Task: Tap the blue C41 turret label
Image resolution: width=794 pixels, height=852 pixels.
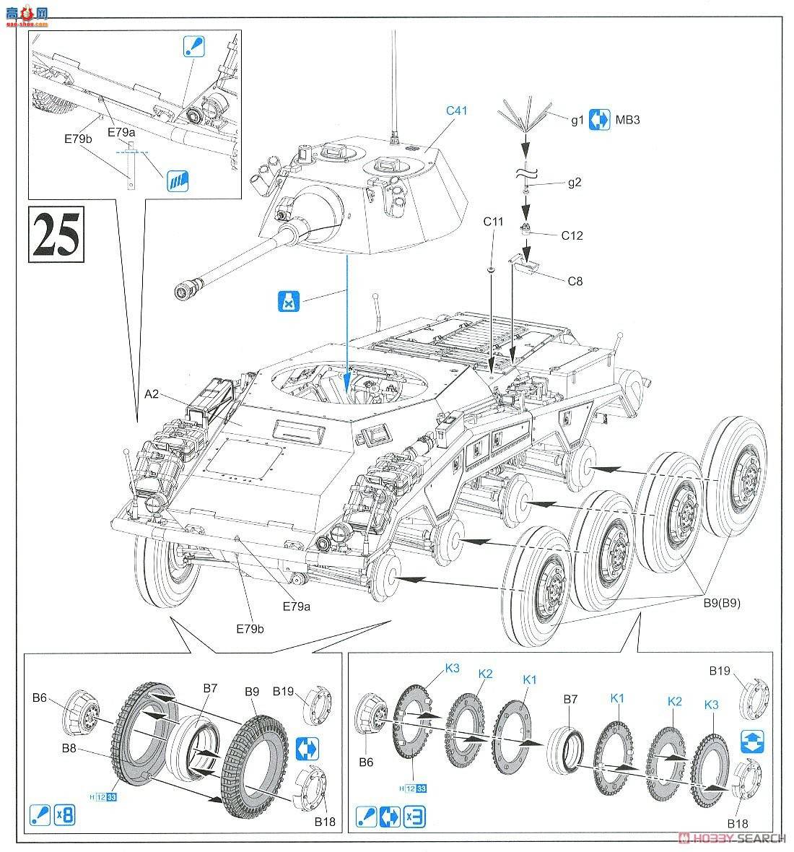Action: click(457, 110)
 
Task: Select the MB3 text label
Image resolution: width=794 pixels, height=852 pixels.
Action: click(627, 120)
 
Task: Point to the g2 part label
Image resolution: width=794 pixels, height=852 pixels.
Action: click(575, 183)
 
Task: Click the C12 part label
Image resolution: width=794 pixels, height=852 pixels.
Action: click(571, 235)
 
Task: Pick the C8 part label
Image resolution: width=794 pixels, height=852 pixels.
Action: click(575, 282)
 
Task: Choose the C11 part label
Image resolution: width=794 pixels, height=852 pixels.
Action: click(493, 221)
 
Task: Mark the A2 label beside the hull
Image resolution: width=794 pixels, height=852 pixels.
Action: click(152, 394)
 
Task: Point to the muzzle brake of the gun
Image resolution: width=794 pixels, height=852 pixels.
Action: click(186, 291)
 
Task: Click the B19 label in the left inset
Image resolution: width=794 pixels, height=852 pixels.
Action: click(283, 691)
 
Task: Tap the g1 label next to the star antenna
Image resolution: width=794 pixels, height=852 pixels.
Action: click(577, 121)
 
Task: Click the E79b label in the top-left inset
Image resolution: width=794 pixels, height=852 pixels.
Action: click(79, 139)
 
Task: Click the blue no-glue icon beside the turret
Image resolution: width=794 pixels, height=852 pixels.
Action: click(288, 301)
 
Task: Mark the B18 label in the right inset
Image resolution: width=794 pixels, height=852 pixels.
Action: click(738, 823)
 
